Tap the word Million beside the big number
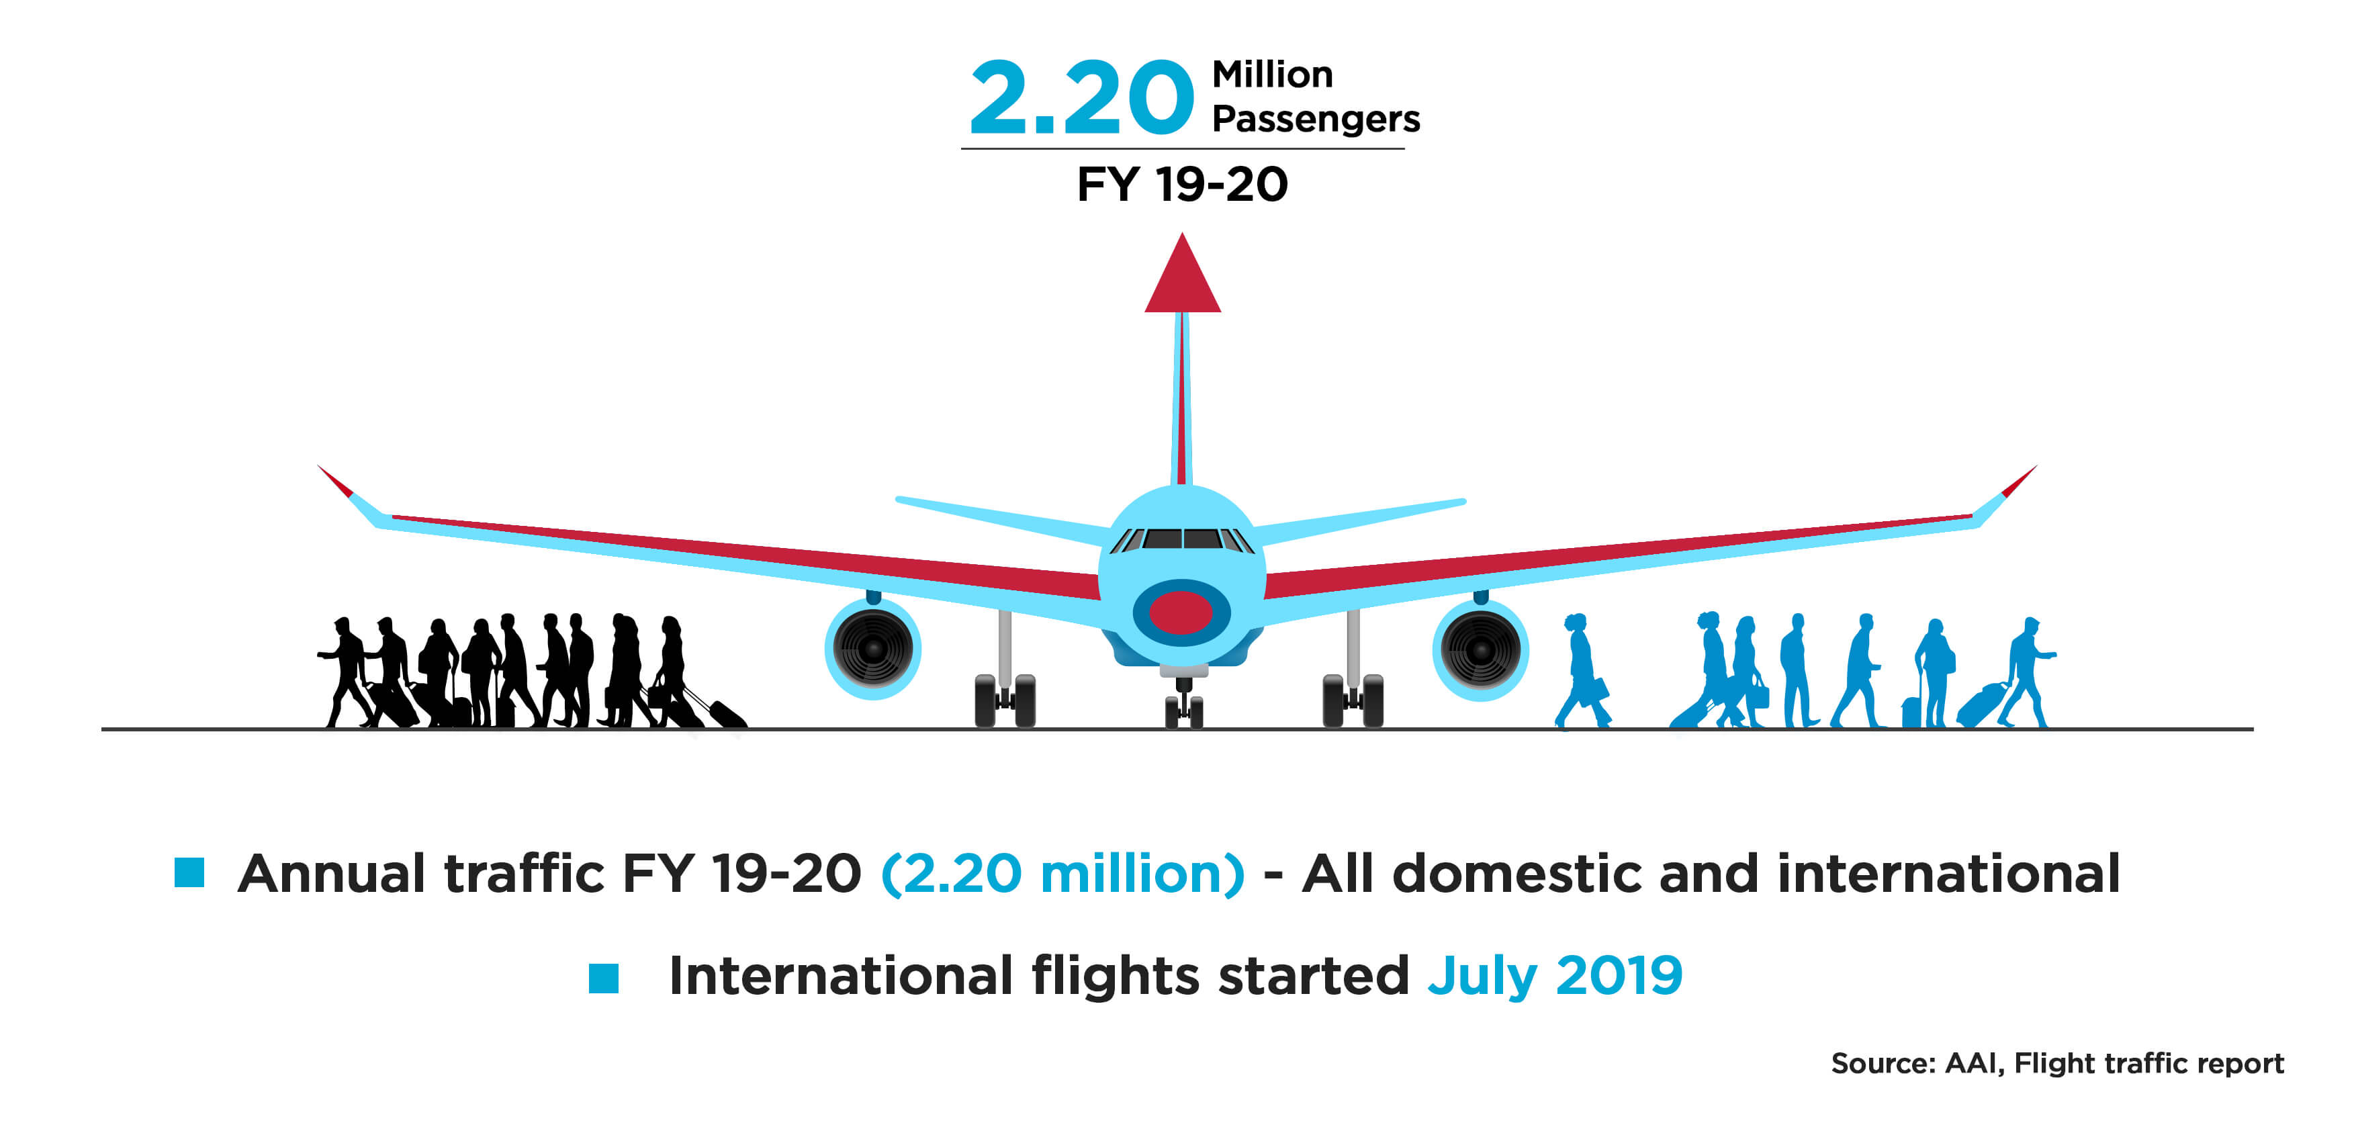click(1272, 74)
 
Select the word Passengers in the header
click(1315, 120)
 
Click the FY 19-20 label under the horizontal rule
click(1181, 184)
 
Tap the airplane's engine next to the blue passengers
click(1480, 649)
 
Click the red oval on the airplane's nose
click(1181, 612)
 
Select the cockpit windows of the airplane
click(1181, 539)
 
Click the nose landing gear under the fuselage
click(1183, 700)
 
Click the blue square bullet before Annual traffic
click(189, 872)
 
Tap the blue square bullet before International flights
click(604, 978)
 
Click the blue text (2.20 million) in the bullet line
click(1062, 874)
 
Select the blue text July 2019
click(1555, 977)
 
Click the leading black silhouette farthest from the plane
click(346, 672)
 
